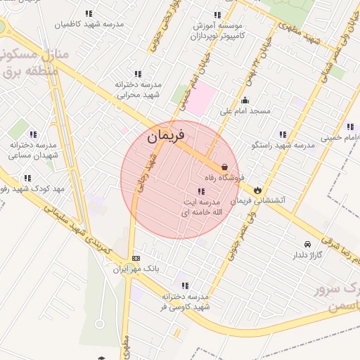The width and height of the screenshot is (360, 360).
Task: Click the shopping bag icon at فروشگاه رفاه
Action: (224, 167)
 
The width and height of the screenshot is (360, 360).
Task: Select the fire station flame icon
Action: (258, 190)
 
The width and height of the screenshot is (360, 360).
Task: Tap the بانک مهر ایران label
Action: (136, 269)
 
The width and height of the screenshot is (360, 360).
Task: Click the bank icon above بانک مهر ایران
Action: (136, 258)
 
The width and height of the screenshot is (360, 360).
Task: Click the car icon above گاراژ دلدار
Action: (297, 243)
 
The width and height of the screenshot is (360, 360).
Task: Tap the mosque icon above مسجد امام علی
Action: (245, 100)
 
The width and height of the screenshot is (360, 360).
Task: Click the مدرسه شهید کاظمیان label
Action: (89, 24)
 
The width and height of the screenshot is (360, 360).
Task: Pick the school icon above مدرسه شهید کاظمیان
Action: (89, 13)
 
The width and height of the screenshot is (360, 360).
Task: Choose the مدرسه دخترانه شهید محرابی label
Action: (139, 89)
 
